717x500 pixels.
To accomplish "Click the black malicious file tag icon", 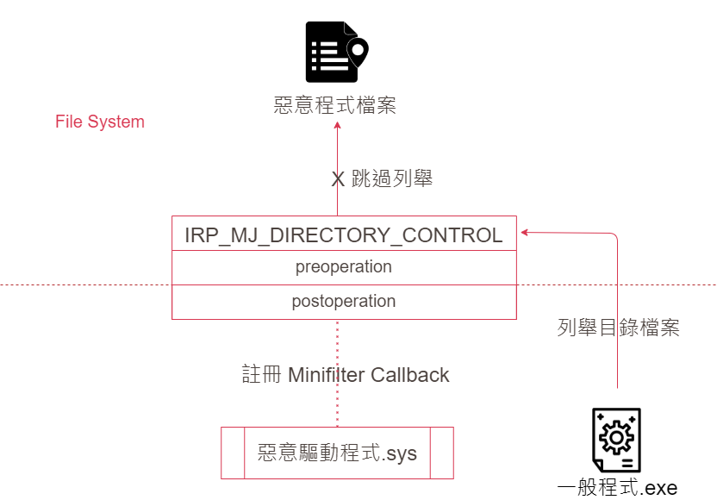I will tap(335, 53).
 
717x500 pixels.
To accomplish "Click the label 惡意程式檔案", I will tap(335, 106).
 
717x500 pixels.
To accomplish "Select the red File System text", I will tap(100, 122).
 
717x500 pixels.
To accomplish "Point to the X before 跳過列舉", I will tap(339, 180).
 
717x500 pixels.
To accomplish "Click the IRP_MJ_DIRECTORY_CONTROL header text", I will tap(344, 234).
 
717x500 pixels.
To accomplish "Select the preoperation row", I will tap(344, 267).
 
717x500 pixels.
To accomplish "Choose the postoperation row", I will tap(344, 302).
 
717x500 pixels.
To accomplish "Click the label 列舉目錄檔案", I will tap(619, 328).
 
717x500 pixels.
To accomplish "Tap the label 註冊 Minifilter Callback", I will tap(345, 375).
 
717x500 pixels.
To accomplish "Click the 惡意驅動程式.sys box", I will tap(337, 453).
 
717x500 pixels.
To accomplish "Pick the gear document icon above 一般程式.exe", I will tap(617, 440).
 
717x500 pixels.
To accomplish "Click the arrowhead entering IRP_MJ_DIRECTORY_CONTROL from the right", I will tap(523, 231).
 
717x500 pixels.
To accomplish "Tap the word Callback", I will tap(410, 375).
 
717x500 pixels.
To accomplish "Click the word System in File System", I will tap(116, 122).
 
